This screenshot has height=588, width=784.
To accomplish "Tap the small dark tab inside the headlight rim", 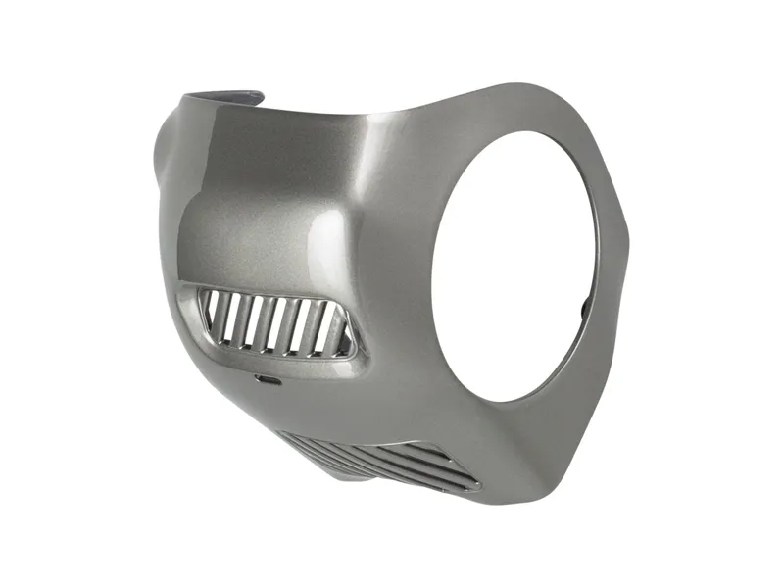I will coord(585,308).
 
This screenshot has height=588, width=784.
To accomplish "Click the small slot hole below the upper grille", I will coord(265,377).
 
